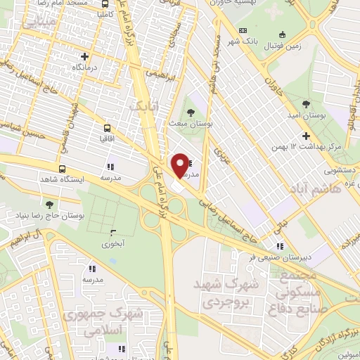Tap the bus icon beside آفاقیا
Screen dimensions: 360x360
107,128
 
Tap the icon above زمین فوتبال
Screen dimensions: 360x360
282,34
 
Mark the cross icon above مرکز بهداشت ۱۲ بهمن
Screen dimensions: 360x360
305,136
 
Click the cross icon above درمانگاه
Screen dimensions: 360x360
85,56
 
